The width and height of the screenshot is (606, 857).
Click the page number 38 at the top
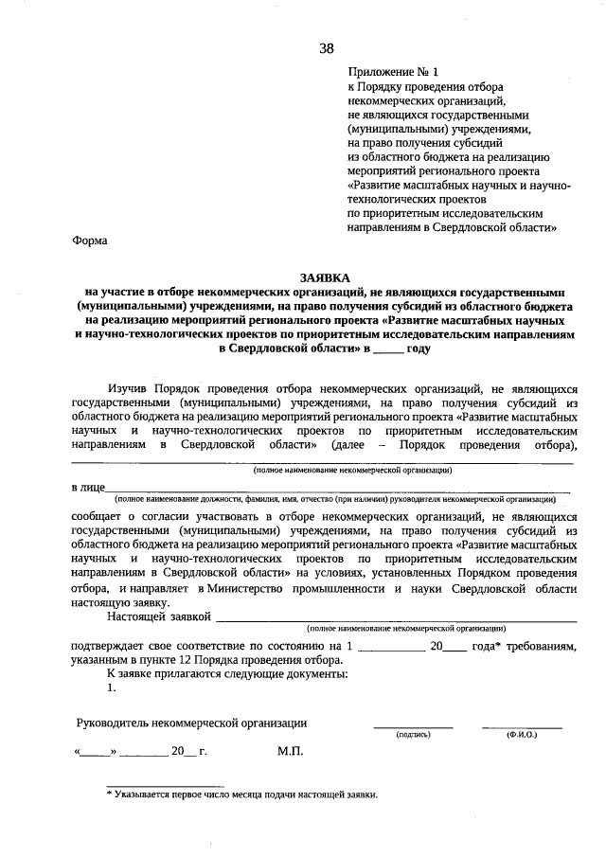click(326, 48)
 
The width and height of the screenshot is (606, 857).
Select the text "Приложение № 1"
click(393, 72)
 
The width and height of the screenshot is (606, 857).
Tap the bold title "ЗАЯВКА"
click(325, 277)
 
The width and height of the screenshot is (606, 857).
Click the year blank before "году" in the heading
click(387, 349)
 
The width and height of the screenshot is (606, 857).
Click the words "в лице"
click(87, 487)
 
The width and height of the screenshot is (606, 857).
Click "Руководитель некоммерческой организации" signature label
click(192, 723)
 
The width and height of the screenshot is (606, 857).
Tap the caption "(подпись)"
click(414, 734)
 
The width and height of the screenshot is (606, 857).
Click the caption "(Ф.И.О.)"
click(522, 734)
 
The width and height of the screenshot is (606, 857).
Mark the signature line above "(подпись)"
click(413, 726)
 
